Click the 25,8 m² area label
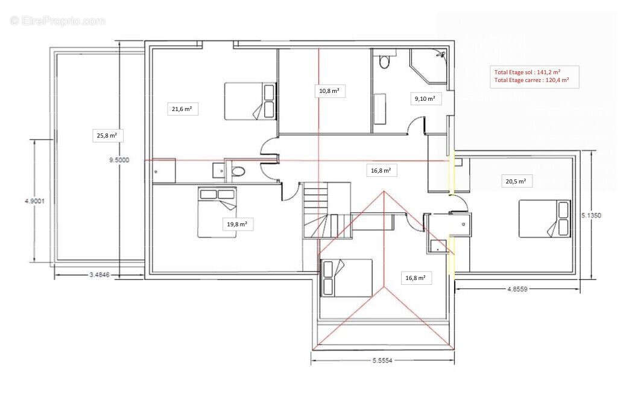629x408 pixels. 107,136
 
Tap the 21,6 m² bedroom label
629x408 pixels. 182,109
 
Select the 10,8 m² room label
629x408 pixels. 329,91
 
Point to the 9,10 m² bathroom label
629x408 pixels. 425,98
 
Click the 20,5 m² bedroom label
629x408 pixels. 516,181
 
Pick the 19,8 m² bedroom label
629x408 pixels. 237,224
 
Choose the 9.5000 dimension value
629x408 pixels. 119,160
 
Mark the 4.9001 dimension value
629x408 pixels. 34,201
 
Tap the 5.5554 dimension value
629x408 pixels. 382,360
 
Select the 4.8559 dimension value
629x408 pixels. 517,288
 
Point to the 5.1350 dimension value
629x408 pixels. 591,215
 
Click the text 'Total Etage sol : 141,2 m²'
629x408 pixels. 527,72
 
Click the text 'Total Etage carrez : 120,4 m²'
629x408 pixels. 531,80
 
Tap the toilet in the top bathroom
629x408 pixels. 384,62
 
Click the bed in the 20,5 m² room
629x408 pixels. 545,219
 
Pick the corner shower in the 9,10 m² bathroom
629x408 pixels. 428,66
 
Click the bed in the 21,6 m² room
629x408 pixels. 250,101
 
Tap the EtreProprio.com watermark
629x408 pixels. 57,21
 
